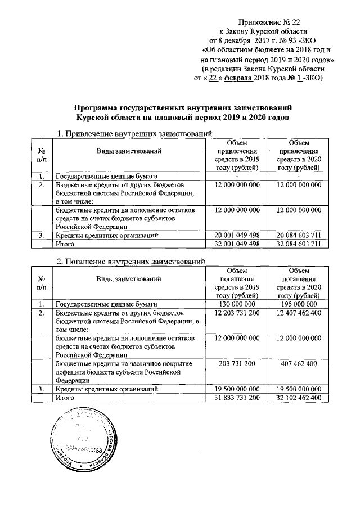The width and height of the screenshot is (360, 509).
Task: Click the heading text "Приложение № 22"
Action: (x=269, y=22)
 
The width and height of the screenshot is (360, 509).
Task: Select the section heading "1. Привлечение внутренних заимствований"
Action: (x=134, y=133)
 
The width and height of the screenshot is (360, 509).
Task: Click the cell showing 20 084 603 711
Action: (x=298, y=235)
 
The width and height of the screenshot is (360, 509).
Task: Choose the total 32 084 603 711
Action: (x=298, y=244)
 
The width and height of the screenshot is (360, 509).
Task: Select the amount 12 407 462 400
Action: (x=298, y=313)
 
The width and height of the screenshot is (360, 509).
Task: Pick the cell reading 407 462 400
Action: (x=298, y=364)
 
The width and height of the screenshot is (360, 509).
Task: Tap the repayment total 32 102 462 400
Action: (x=298, y=398)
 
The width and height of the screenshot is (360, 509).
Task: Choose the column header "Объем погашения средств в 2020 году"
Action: (x=298, y=282)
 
